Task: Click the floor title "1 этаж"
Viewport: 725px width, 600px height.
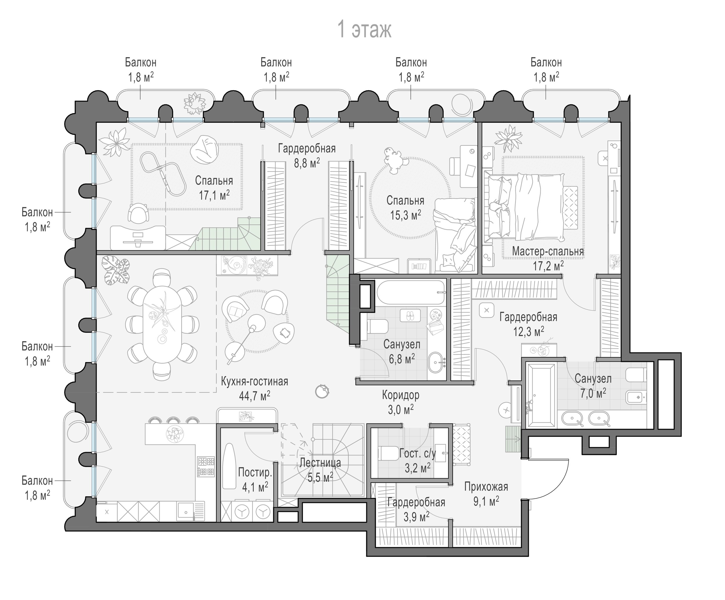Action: [364, 30]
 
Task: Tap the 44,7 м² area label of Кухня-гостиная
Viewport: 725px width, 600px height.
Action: [254, 396]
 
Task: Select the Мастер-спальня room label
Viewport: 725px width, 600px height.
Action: [548, 251]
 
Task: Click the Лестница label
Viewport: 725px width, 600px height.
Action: [320, 463]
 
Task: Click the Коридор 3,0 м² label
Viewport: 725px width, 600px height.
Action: [401, 402]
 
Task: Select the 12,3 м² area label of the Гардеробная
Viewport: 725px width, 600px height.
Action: [529, 332]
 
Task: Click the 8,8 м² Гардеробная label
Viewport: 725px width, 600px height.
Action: [307, 155]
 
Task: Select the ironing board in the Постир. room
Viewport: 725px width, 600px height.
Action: [229, 466]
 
